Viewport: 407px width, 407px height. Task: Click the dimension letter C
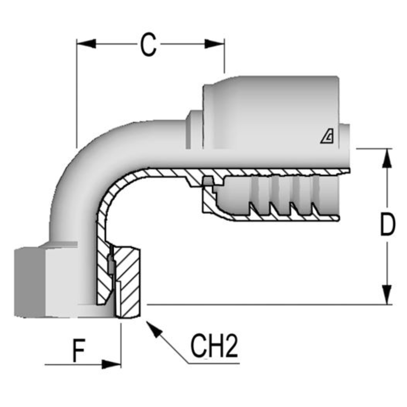coord(148,45)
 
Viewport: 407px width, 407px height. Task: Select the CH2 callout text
coord(214,347)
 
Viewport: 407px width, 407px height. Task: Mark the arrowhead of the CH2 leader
coord(154,329)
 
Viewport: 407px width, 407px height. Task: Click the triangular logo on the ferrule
coord(327,137)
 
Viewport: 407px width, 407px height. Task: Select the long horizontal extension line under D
coord(264,304)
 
